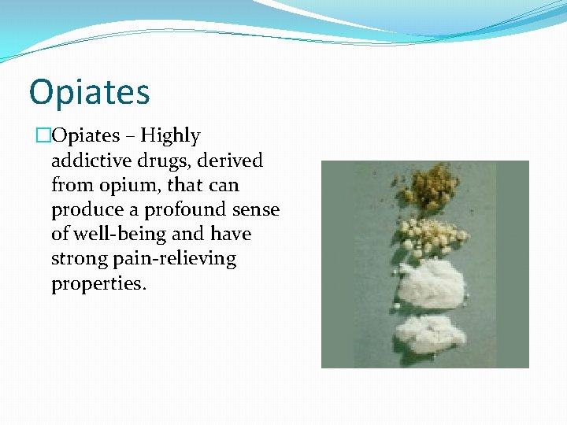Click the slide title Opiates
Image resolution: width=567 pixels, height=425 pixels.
pyautogui.click(x=89, y=91)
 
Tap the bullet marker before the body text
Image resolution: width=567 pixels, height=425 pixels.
pyautogui.click(x=43, y=136)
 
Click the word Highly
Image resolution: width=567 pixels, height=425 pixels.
pyautogui.click(x=171, y=136)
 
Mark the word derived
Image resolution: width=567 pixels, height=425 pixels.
pyautogui.click(x=232, y=161)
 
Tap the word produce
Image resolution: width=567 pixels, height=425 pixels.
pyautogui.click(x=83, y=210)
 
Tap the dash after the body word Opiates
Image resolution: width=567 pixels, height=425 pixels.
pyautogui.click(x=131, y=136)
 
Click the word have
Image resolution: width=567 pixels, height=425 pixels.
pyautogui.click(x=231, y=235)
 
